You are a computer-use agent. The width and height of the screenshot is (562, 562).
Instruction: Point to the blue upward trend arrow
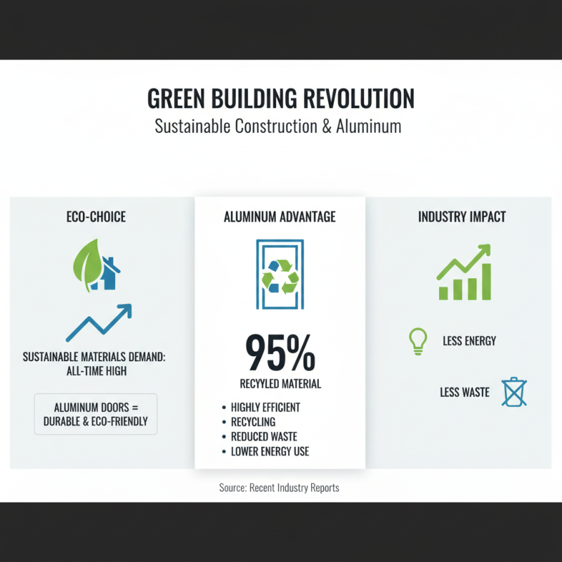[99, 322]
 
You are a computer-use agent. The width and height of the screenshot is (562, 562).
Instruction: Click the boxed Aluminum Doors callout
[96, 414]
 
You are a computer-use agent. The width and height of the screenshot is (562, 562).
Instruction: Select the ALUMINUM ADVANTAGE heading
[280, 217]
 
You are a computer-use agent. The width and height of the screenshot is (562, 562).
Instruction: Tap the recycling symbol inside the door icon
[280, 275]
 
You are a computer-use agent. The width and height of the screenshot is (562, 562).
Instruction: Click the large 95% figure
[280, 354]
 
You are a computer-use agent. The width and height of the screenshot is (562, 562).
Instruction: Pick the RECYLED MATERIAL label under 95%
[280, 384]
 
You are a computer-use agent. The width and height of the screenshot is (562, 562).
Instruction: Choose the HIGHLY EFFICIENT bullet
[266, 407]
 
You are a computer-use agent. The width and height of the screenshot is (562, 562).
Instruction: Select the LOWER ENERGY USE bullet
[270, 452]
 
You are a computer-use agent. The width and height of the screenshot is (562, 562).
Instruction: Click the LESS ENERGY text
[469, 341]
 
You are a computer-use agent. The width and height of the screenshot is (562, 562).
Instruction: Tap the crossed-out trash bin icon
[514, 392]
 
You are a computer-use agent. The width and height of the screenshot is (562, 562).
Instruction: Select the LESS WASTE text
[464, 392]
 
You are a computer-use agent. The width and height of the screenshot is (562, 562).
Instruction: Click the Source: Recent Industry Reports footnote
[280, 488]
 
